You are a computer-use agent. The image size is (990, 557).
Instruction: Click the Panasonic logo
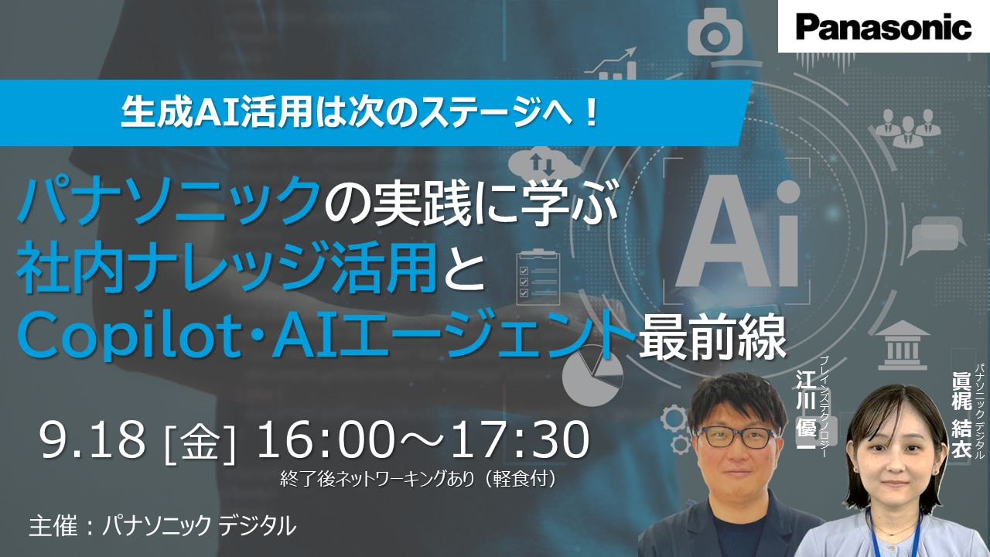coord(884,27)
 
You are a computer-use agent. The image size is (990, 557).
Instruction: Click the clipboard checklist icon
coord(538,277)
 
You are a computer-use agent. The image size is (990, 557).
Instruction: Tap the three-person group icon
coord(908,128)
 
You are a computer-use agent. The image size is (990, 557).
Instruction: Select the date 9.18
coord(92,439)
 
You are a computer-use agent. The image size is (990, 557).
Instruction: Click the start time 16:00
coord(326,439)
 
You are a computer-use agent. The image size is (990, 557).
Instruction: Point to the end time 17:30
coord(521,439)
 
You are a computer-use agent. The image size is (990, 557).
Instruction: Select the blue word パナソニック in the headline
coord(169,202)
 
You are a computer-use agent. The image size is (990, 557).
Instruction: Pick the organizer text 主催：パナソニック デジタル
coord(162,527)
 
